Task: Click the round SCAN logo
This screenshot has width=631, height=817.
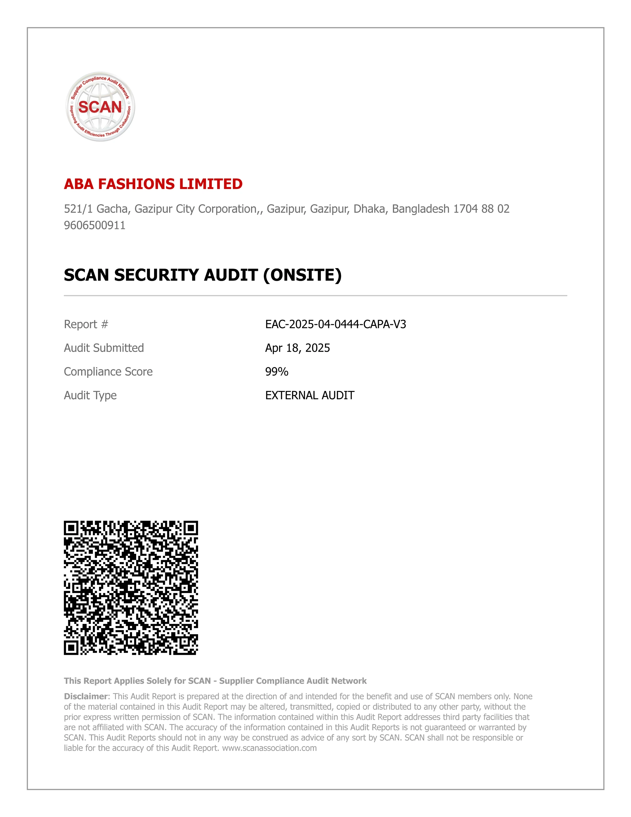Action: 100,107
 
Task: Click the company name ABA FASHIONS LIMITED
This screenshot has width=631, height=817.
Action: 153,184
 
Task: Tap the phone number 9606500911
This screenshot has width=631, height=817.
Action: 95,225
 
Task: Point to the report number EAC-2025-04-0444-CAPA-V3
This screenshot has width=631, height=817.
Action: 336,324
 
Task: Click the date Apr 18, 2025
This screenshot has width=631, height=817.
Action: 297,348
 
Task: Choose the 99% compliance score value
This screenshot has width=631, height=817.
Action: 276,371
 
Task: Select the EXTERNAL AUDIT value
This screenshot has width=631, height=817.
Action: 309,395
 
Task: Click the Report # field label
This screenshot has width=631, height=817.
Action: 86,324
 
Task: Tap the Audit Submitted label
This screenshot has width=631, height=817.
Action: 104,348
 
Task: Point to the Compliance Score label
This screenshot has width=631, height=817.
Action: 108,371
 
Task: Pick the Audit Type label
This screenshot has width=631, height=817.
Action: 90,395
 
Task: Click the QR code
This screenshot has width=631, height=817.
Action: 130,588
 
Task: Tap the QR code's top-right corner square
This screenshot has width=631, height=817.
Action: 190,528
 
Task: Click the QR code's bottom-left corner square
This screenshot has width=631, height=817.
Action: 71,648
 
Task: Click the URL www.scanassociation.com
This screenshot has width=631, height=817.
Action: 269,748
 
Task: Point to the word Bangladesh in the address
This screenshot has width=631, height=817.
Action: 420,209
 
